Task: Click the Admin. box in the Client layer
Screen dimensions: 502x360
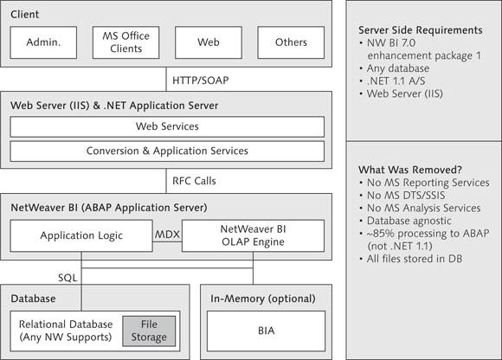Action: tap(43, 42)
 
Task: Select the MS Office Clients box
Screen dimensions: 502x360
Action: tap(125, 42)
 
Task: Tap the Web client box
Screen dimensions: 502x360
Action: tap(209, 42)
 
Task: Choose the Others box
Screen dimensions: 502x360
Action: tap(291, 42)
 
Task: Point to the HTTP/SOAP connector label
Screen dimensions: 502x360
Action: tap(201, 80)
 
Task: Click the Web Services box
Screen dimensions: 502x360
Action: tap(167, 126)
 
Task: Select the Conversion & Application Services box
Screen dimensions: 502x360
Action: tap(167, 151)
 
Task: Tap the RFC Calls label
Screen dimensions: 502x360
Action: tap(194, 181)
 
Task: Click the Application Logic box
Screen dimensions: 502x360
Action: tap(81, 235)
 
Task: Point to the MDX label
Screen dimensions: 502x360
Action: tap(167, 235)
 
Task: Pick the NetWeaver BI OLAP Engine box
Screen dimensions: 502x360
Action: tap(253, 235)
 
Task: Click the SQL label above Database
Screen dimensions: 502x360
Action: tap(68, 278)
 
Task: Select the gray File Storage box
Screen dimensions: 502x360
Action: tap(149, 331)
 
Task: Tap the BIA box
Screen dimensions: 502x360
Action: tap(266, 331)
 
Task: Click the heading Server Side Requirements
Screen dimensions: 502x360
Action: tap(421, 30)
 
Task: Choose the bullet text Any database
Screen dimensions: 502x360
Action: tap(398, 68)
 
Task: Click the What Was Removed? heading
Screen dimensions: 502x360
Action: tap(410, 170)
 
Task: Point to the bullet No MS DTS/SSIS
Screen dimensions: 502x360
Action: tap(406, 196)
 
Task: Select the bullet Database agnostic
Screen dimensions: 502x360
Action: tap(409, 221)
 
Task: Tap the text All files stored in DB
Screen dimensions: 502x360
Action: tap(415, 259)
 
